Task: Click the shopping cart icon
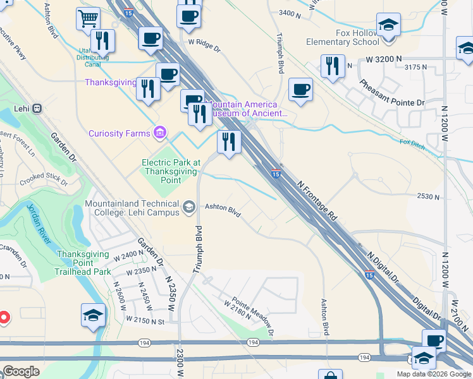pos(88,18)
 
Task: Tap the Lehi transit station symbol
pos(37,108)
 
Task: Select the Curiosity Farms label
pos(120,133)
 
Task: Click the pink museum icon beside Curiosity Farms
pos(159,133)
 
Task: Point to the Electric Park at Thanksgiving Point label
pos(171,171)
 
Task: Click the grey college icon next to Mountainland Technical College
pos(188,207)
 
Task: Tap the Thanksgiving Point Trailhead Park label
pos(84,263)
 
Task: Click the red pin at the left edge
pos(3,317)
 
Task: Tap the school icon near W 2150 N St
pos(93,315)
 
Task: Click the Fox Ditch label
pos(412,143)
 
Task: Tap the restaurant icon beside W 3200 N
pos(332,66)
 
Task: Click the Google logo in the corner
pos(21,371)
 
